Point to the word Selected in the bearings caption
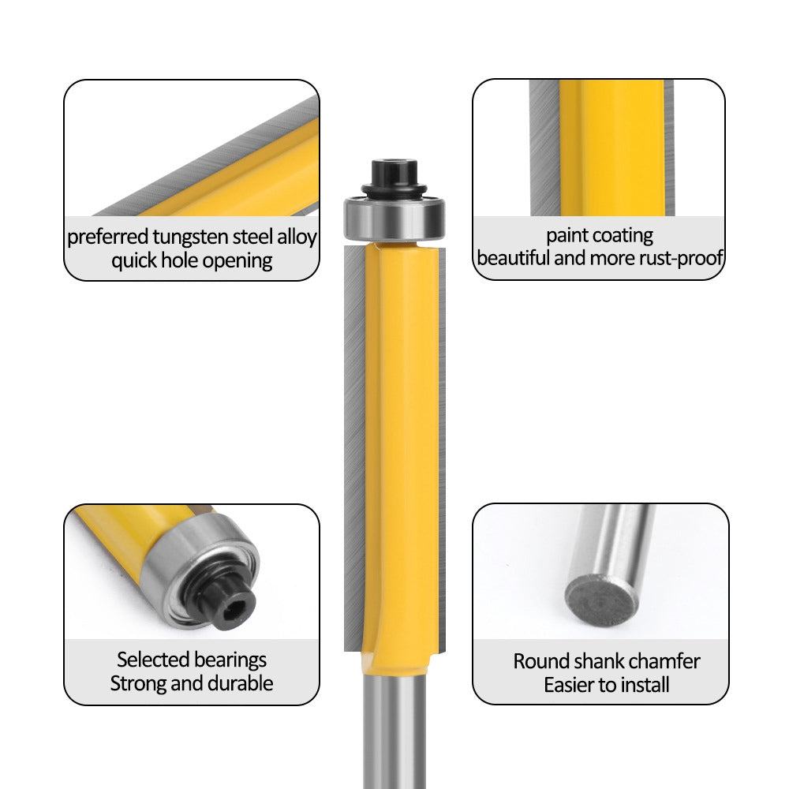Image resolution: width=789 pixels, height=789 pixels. pyautogui.click(x=152, y=660)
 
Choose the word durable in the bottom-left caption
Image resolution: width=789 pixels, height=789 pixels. pyautogui.click(x=241, y=683)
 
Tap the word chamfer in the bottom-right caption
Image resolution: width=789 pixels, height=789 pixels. pyautogui.click(x=665, y=661)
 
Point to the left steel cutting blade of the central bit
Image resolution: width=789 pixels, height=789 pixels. pyautogui.click(x=354, y=442)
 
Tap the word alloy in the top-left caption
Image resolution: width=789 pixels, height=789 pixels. pyautogui.click(x=295, y=237)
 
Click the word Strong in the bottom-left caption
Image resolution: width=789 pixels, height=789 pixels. pyautogui.click(x=137, y=683)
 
